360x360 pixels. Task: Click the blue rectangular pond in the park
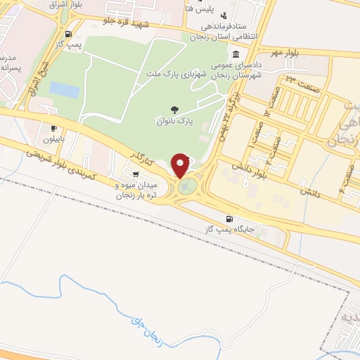coord(64,90)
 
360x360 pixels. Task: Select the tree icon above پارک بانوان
coord(174,108)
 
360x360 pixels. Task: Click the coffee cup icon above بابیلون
coord(54,128)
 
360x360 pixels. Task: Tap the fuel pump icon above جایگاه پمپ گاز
coord(229,219)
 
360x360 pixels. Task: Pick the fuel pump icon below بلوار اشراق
coord(67,33)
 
